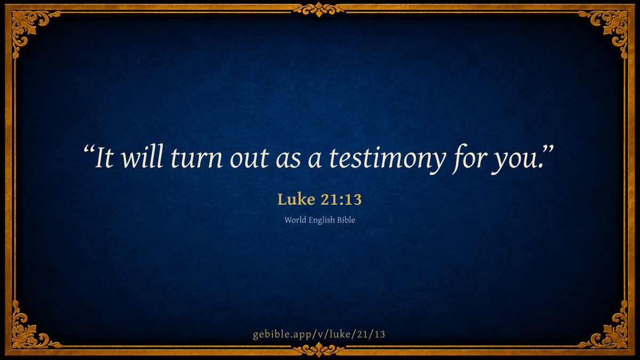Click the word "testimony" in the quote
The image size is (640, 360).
point(387,158)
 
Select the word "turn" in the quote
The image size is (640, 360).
point(197,158)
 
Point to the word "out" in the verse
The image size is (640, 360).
point(250,159)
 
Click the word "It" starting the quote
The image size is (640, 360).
point(105,157)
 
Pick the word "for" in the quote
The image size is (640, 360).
point(468,158)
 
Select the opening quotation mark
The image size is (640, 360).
point(89,150)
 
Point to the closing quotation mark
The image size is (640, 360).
point(548,150)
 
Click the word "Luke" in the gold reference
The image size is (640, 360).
point(297,199)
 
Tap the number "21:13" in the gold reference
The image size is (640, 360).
point(341,199)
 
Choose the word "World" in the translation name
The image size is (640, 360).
point(295,220)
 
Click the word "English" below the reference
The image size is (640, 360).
point(322,221)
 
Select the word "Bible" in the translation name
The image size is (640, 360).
point(346,220)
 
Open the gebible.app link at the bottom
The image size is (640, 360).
point(319,334)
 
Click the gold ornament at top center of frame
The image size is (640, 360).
point(319,10)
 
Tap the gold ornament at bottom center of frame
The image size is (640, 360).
point(319,350)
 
